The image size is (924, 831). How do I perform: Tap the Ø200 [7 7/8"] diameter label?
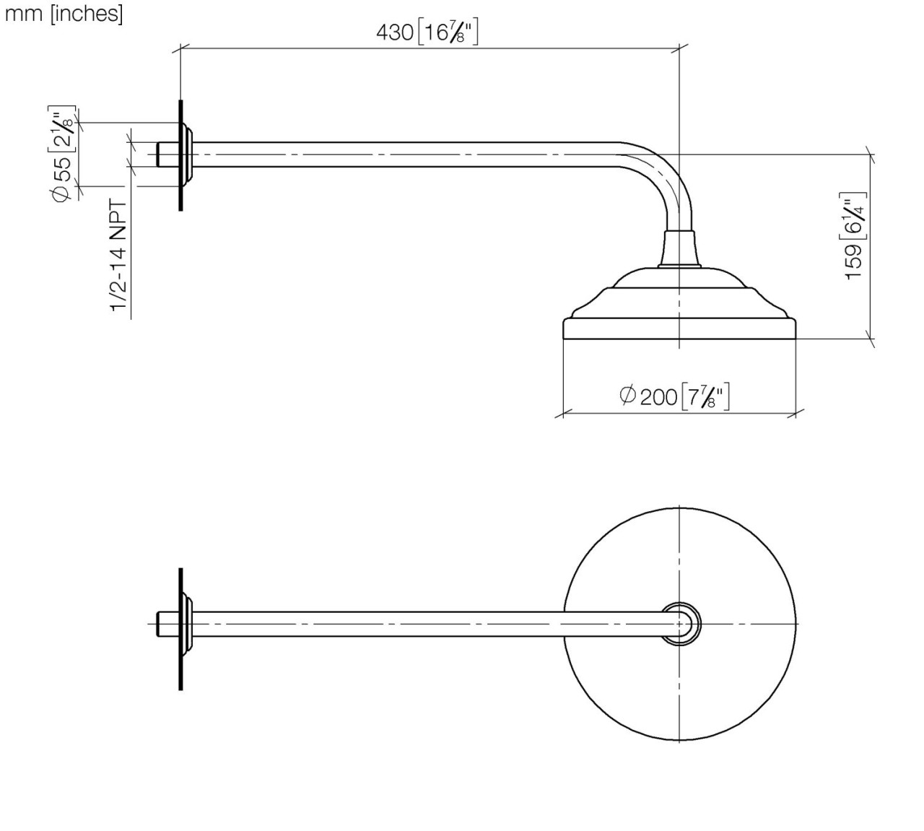[x=674, y=395]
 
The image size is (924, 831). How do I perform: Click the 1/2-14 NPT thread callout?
[x=119, y=257]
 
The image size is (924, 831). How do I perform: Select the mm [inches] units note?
[x=64, y=14]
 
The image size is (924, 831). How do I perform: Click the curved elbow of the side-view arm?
[x=664, y=173]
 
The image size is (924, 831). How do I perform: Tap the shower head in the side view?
[x=679, y=310]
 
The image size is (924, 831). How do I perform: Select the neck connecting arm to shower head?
[x=679, y=249]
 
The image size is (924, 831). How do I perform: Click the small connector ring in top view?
[x=680, y=622]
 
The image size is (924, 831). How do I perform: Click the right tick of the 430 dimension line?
[x=679, y=48]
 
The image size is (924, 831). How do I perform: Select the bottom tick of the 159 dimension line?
[x=871, y=338]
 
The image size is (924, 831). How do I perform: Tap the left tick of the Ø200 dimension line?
[x=562, y=414]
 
